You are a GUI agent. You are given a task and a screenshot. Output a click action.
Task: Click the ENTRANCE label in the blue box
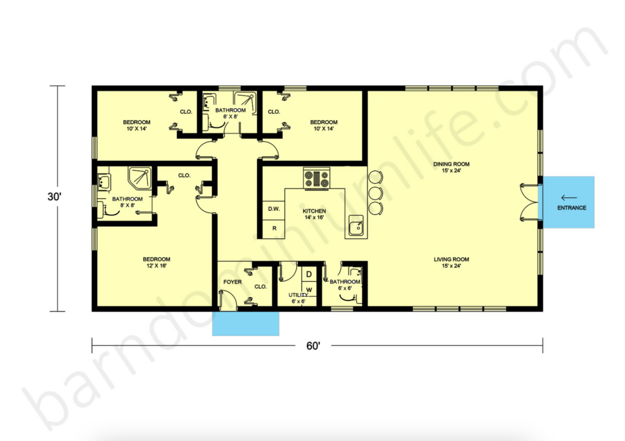pos(571,208)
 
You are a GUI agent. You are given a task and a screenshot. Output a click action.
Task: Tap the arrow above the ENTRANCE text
pos(569,197)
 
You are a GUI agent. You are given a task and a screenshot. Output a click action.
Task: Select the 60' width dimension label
pos(313,346)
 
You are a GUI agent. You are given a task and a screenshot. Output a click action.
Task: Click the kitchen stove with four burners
pos(316,178)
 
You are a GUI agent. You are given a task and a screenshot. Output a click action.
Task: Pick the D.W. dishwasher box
pos(274,209)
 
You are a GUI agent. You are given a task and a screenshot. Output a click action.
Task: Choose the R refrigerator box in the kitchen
pos(274,228)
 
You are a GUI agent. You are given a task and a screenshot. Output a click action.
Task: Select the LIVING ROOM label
pos(452,263)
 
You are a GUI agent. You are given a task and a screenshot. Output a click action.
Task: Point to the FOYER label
pos(232,282)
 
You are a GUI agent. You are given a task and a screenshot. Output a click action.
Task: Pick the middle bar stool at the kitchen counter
pos(375,193)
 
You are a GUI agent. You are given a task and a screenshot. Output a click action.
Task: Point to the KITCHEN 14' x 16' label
pos(315,214)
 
